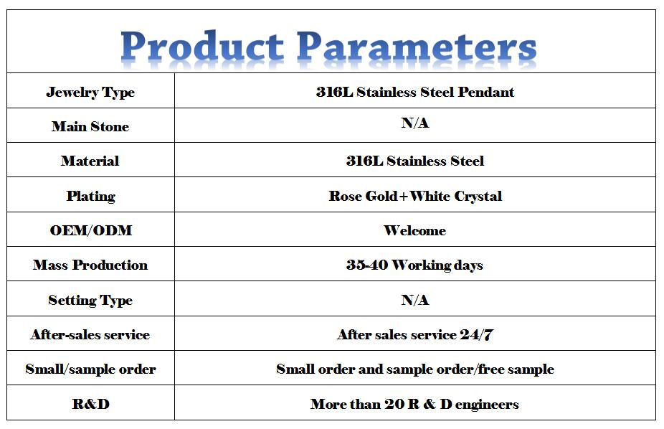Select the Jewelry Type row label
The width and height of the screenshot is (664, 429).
[90, 93]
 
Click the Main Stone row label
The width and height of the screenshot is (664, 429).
[90, 126]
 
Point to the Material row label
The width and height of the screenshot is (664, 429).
[90, 161]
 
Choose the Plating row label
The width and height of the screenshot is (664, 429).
[90, 196]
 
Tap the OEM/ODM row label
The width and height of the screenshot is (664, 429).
[90, 230]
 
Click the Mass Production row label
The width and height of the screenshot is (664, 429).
[90, 265]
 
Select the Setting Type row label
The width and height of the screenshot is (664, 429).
[90, 300]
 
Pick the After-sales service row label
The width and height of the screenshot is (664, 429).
[90, 334]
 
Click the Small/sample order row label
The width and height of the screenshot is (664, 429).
[90, 369]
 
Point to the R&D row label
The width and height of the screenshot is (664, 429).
[90, 404]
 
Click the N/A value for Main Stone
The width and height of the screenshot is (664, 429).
[415, 123]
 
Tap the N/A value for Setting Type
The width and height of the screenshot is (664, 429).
[415, 300]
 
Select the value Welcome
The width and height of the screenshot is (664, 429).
[414, 230]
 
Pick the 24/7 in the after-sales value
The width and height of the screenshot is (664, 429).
[477, 334]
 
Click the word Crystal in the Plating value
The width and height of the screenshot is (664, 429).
[478, 197]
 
